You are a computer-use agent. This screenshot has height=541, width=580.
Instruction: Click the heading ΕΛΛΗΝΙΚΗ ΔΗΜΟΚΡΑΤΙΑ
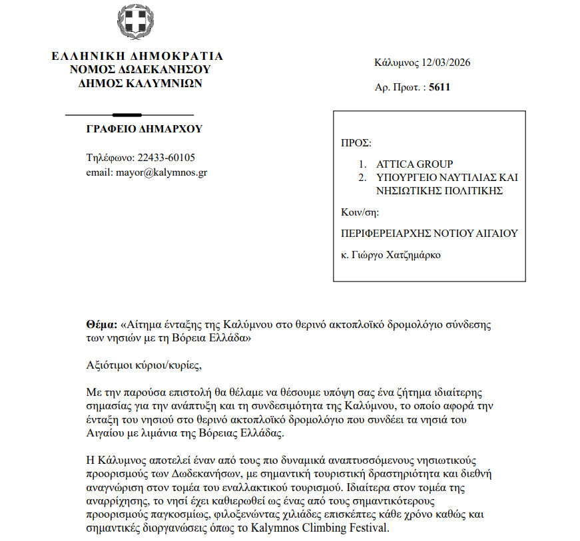[x=137, y=56]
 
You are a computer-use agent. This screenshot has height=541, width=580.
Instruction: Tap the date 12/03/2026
[x=446, y=63]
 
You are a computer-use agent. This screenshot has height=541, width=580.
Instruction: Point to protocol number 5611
[x=439, y=87]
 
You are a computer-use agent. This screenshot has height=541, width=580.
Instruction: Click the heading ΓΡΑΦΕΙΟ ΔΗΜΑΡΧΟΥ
[x=144, y=129]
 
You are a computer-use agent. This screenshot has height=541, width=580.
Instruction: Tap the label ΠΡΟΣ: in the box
[x=356, y=142]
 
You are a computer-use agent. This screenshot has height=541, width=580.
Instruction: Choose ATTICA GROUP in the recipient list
[x=414, y=164]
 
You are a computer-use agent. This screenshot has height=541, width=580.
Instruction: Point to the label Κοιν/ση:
[x=360, y=212]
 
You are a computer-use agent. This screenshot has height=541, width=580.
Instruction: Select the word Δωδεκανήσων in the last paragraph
[x=193, y=473]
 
